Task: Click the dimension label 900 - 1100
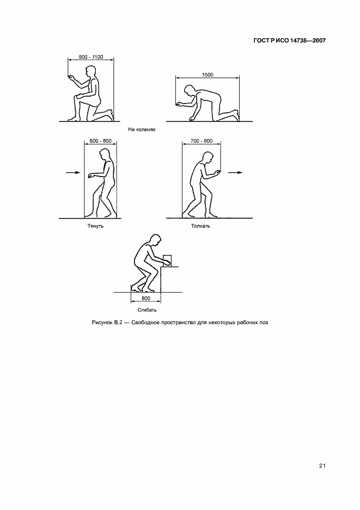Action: (x=91, y=57)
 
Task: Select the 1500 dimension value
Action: (x=208, y=75)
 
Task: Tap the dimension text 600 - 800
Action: (x=101, y=141)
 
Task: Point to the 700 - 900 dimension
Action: (x=202, y=141)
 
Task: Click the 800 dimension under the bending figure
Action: (x=146, y=298)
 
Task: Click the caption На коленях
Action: (x=142, y=130)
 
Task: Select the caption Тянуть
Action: (x=95, y=226)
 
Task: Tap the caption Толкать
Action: (x=200, y=226)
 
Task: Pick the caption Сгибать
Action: (x=147, y=310)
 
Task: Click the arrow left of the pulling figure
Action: (x=73, y=172)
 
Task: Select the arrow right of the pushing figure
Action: (x=235, y=172)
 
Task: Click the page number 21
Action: (x=322, y=465)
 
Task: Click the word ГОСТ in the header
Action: (x=260, y=41)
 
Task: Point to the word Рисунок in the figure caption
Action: (x=102, y=323)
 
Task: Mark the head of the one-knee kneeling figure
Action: (x=90, y=71)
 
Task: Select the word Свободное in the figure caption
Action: (x=144, y=323)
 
